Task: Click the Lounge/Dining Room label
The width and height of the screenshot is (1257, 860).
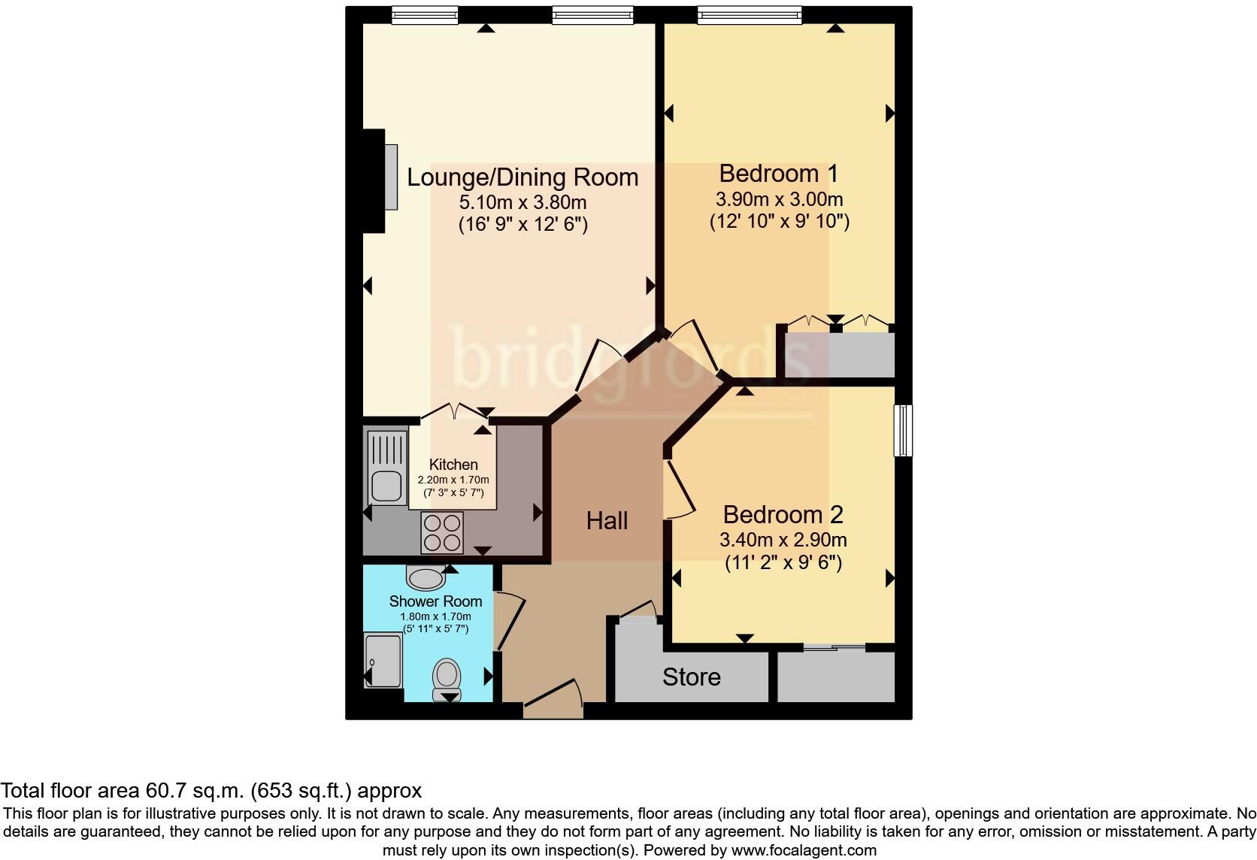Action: [x=522, y=177]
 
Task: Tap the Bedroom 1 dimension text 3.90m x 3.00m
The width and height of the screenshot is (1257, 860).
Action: [x=779, y=200]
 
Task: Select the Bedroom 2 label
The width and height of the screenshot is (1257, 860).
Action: [x=783, y=515]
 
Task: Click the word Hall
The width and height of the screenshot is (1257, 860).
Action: [x=607, y=521]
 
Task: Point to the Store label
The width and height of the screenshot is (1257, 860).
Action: [x=691, y=677]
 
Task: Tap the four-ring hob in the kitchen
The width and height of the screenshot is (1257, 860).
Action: [x=442, y=532]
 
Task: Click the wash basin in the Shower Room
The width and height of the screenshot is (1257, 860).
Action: [x=425, y=577]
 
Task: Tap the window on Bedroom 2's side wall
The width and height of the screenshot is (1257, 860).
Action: [x=903, y=430]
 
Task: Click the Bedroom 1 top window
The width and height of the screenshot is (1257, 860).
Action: [x=749, y=14]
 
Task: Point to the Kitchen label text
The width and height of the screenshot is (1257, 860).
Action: [x=453, y=465]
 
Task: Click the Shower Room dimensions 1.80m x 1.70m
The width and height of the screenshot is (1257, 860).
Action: [x=435, y=616]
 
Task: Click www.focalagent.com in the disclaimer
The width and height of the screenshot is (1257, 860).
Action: [x=804, y=851]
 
